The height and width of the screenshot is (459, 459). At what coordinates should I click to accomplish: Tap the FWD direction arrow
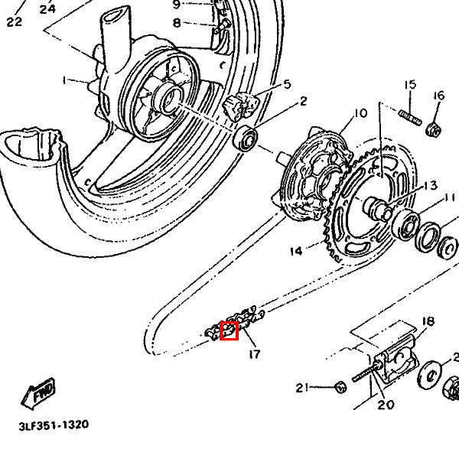[x=39, y=392]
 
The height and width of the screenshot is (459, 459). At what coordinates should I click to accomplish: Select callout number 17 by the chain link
[x=254, y=354]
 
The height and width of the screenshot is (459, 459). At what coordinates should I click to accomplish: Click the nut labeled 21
[x=341, y=387]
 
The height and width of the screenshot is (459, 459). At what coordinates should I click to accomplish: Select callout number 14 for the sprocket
[x=297, y=249]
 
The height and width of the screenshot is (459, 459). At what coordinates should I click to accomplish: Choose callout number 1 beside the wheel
[x=66, y=80]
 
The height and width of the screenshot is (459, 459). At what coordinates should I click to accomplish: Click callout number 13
[x=428, y=186]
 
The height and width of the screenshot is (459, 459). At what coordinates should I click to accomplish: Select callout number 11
[x=448, y=199]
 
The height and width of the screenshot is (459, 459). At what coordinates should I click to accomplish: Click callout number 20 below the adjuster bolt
[x=386, y=405]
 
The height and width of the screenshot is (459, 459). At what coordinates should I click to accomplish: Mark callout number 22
[x=14, y=21]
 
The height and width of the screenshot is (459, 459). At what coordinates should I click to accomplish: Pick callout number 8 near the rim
[x=177, y=23]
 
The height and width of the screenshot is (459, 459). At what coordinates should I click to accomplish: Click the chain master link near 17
[x=229, y=330]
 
